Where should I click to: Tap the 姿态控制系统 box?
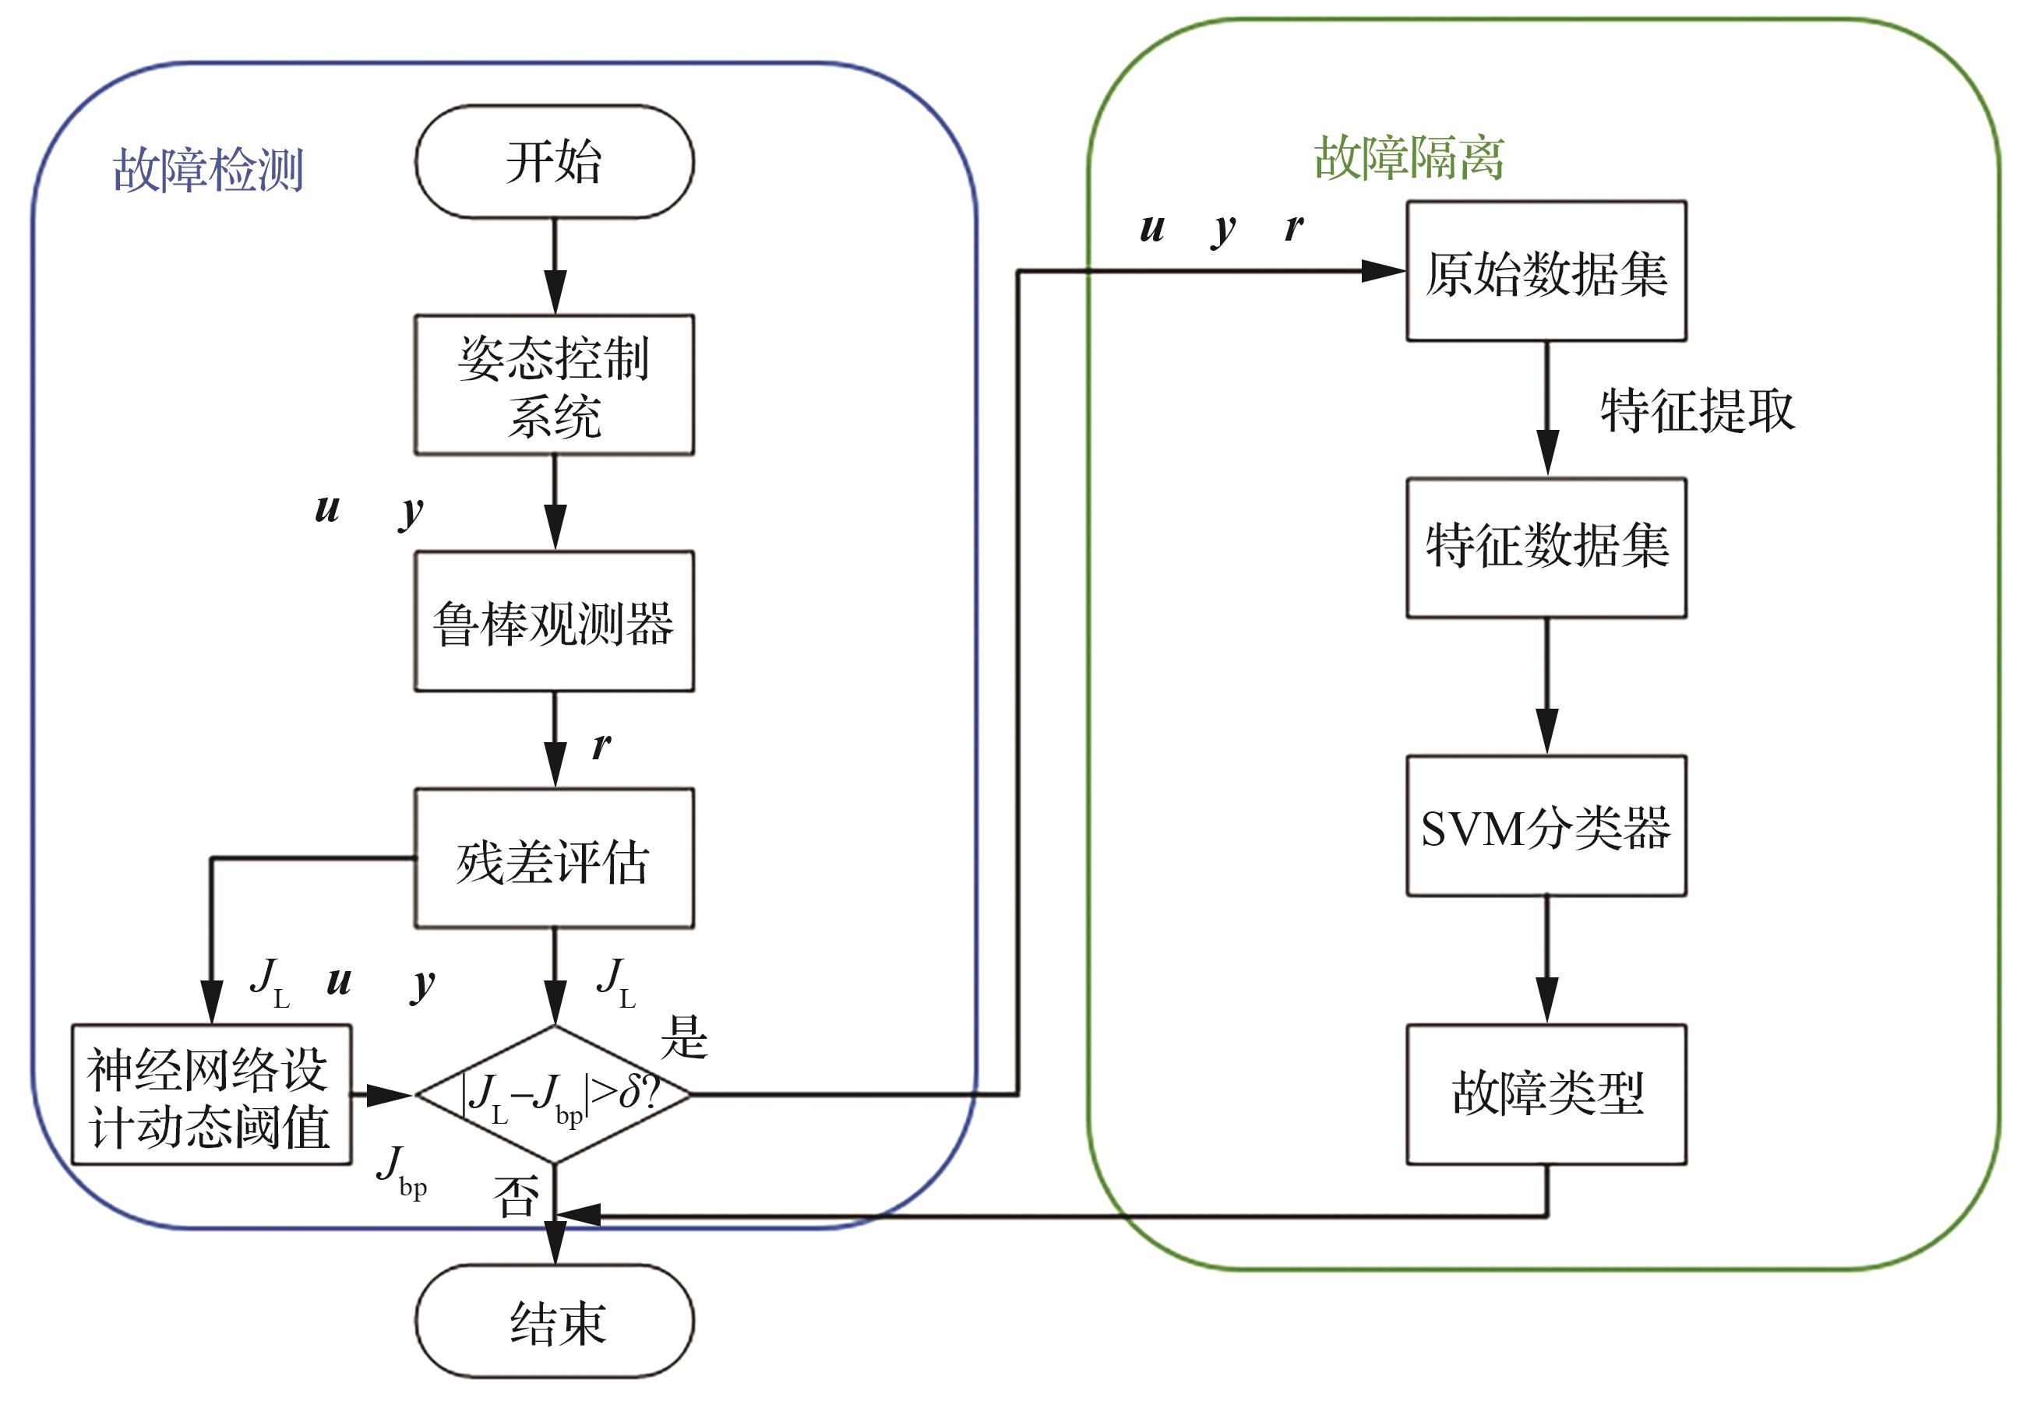click(x=554, y=385)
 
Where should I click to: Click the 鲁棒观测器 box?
click(x=554, y=621)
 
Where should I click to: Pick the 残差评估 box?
click(x=554, y=858)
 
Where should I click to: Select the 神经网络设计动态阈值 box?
click(x=211, y=1095)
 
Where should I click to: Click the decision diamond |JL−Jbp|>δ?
click(x=554, y=1095)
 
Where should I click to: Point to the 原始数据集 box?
click(x=1546, y=271)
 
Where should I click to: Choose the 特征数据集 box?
click(x=1546, y=547)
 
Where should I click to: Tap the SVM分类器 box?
click(x=1546, y=826)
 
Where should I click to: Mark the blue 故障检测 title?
click(x=208, y=170)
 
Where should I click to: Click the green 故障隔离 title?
click(x=1409, y=159)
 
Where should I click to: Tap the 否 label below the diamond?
click(x=516, y=1195)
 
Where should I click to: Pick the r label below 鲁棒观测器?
click(x=601, y=746)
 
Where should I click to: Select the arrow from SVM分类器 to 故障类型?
click(x=1546, y=960)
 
